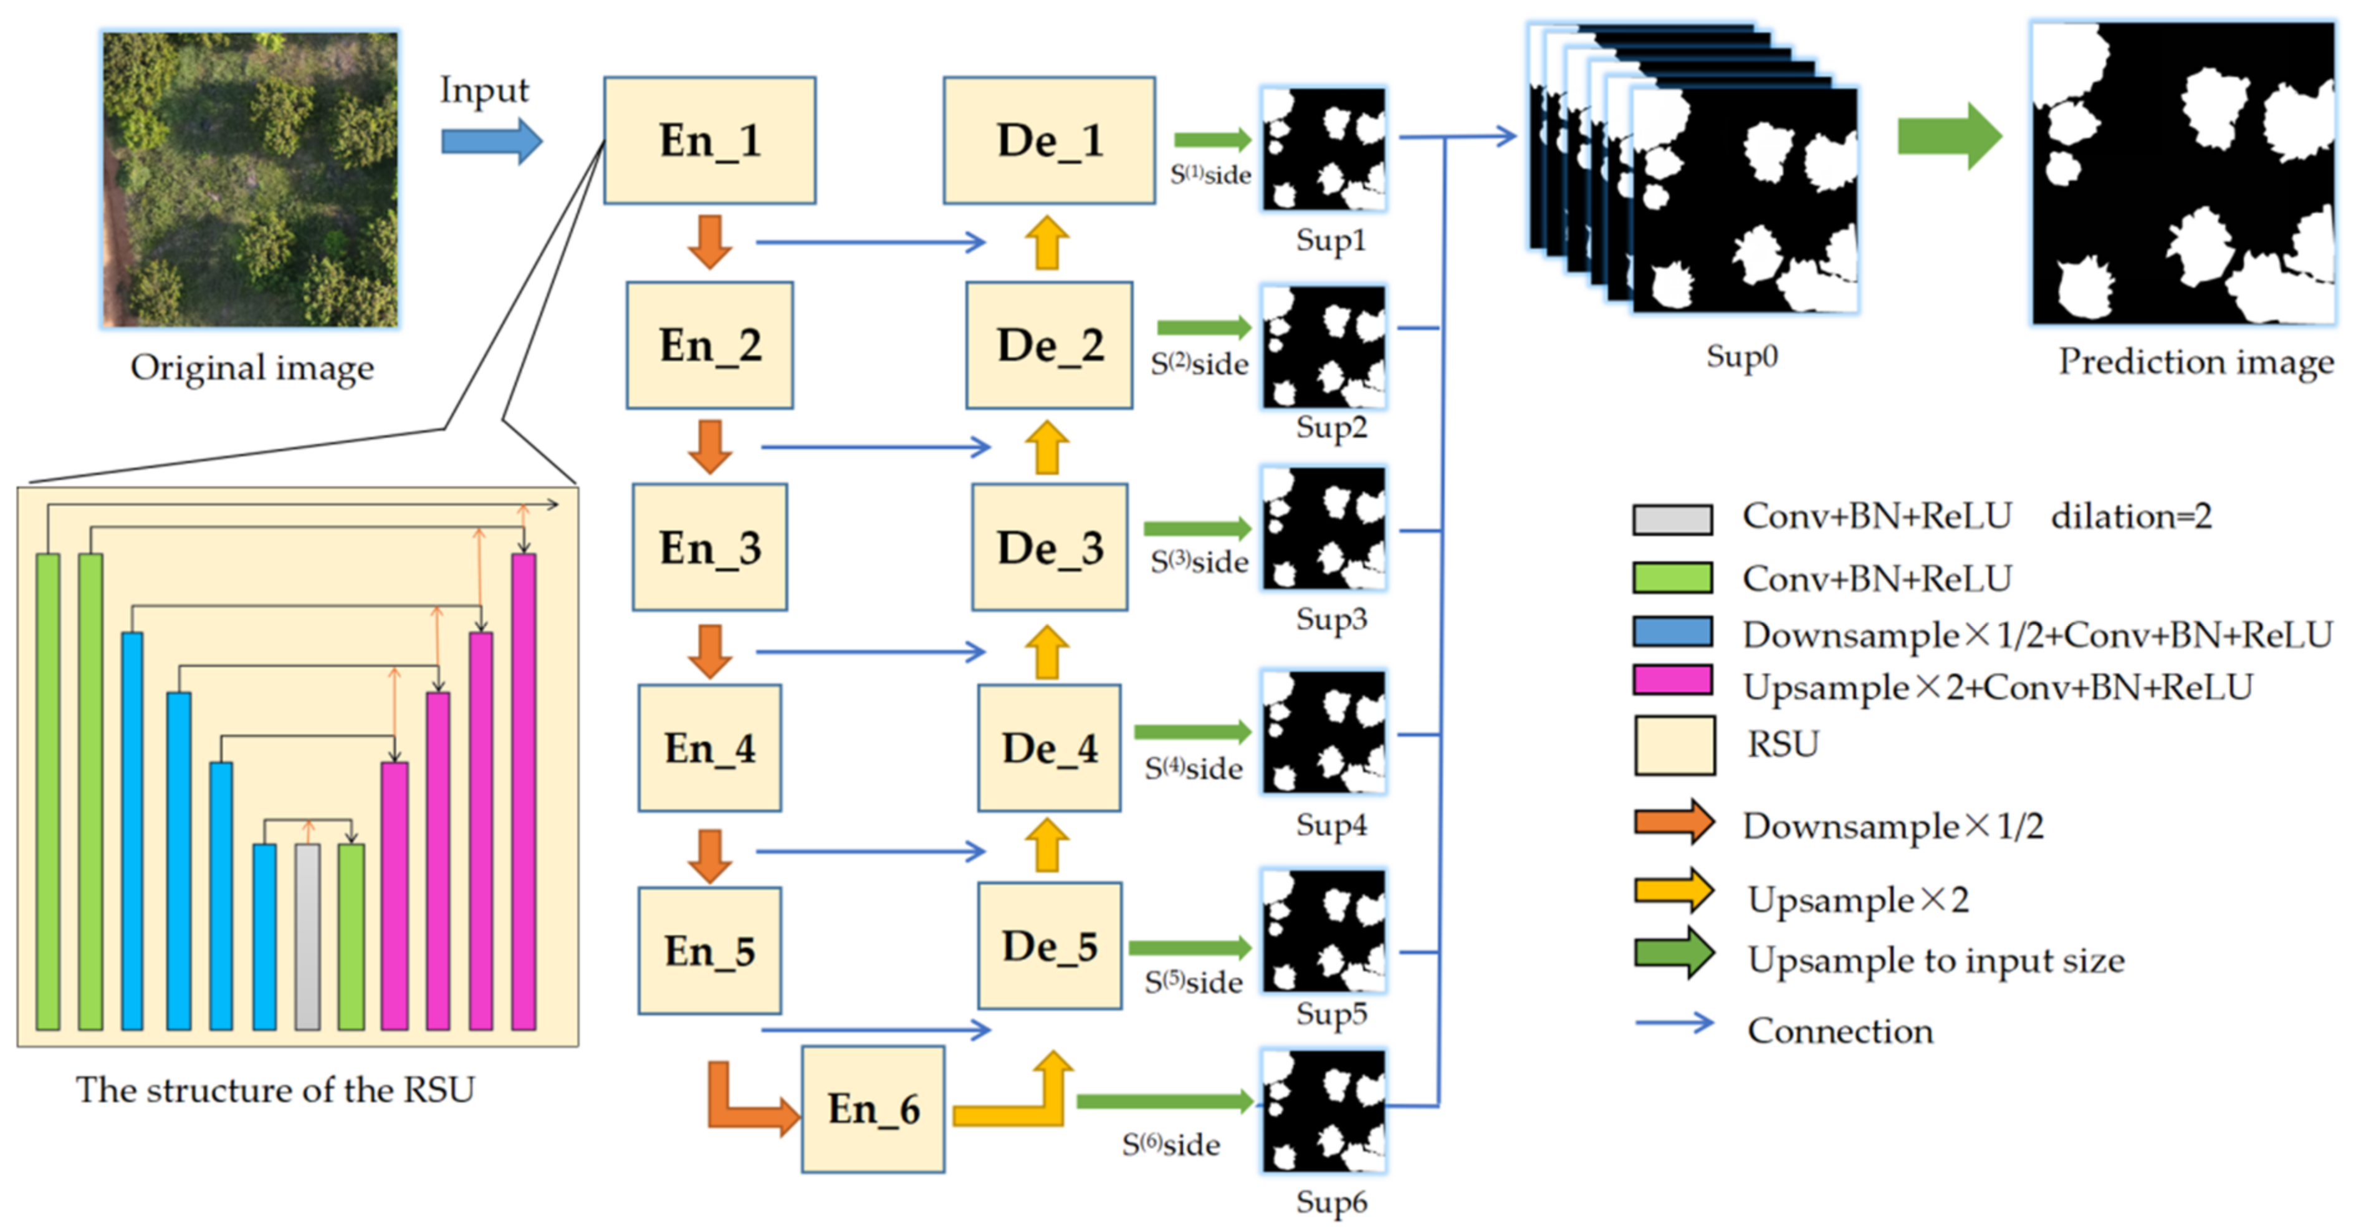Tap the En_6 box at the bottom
pyautogui.click(x=873, y=1109)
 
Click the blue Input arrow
pyautogui.click(x=491, y=142)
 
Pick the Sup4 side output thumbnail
pyautogui.click(x=1323, y=732)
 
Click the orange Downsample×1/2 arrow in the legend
pyautogui.click(x=1674, y=821)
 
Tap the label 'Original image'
pyautogui.click(x=252, y=368)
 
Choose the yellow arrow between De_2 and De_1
pyautogui.click(x=1046, y=243)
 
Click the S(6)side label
pyautogui.click(x=1170, y=1144)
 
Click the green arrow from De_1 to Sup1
pyautogui.click(x=1212, y=140)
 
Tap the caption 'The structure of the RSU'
pyautogui.click(x=274, y=1089)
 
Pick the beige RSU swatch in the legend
pyautogui.click(x=1674, y=744)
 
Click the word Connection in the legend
pyautogui.click(x=1839, y=1031)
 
